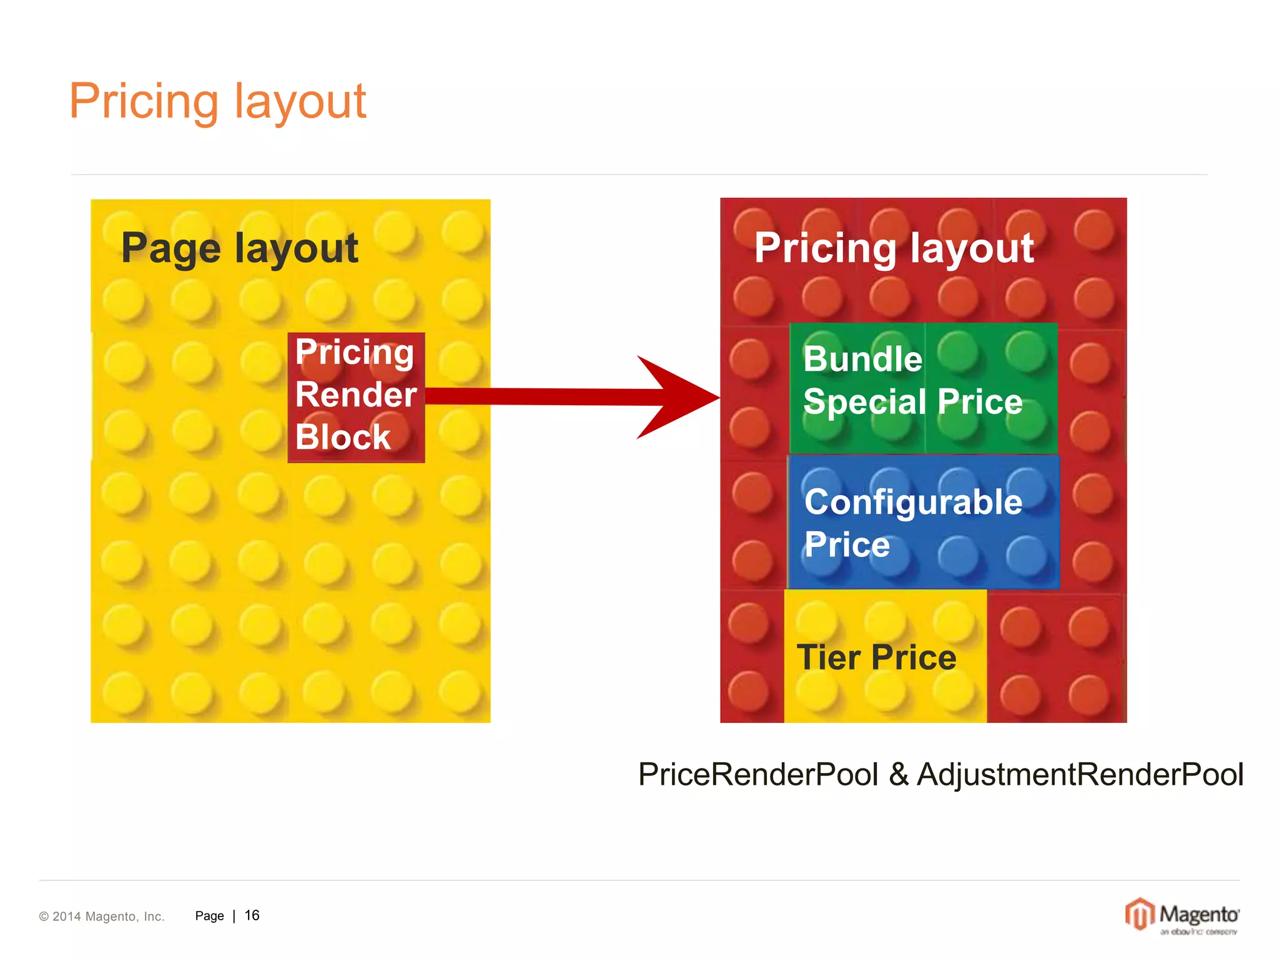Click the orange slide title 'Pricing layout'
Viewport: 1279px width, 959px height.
point(217,101)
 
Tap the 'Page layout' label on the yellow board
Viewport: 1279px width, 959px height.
point(239,248)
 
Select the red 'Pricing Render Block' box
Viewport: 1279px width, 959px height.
point(356,397)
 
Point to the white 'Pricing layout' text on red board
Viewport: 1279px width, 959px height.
point(894,248)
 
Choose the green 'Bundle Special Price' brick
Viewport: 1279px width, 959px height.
point(923,388)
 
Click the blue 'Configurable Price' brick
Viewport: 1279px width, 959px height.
point(923,522)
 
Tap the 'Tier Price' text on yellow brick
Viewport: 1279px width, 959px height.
point(876,657)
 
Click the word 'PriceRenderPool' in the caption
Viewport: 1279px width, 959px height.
point(758,774)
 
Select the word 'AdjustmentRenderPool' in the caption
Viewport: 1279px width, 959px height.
point(1080,774)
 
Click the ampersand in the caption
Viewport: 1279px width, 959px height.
point(898,774)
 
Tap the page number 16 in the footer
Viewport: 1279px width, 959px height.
point(252,915)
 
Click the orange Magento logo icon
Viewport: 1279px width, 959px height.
point(1140,914)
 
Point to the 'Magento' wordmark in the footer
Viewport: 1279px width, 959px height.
point(1198,914)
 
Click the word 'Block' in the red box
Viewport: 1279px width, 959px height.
point(343,437)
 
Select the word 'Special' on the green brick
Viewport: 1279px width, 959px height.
point(861,401)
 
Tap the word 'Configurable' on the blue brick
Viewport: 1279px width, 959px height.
point(913,502)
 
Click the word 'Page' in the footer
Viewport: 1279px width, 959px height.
point(209,916)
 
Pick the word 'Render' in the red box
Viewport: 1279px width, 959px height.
point(356,395)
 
